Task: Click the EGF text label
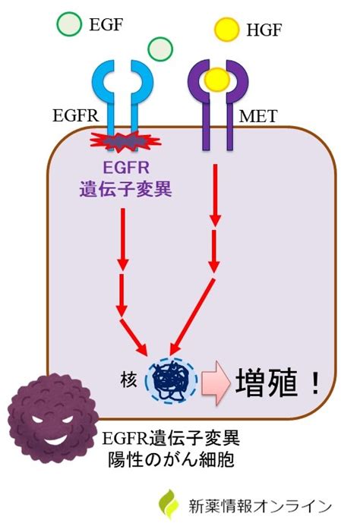coord(106,25)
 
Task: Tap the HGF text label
coord(264,30)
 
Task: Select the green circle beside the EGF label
coord(69,24)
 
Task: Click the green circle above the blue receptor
coord(160,49)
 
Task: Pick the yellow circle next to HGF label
coord(227,30)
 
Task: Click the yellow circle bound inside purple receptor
coord(217,80)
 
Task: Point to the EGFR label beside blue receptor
coord(76,115)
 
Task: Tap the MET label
coord(258,116)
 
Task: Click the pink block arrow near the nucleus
coord(216,383)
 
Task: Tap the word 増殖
coord(266,383)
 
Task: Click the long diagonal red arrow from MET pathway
coord(192,317)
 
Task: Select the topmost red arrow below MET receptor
coord(215,195)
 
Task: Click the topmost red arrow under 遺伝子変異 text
coord(123,239)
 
